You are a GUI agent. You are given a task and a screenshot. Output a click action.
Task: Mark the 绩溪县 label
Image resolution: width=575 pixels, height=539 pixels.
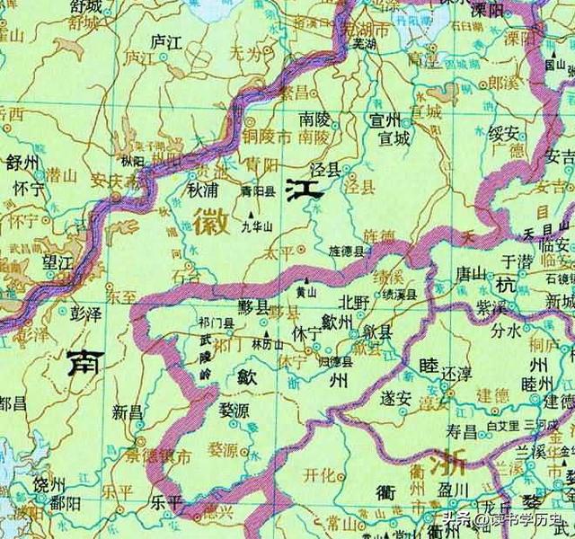401,295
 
